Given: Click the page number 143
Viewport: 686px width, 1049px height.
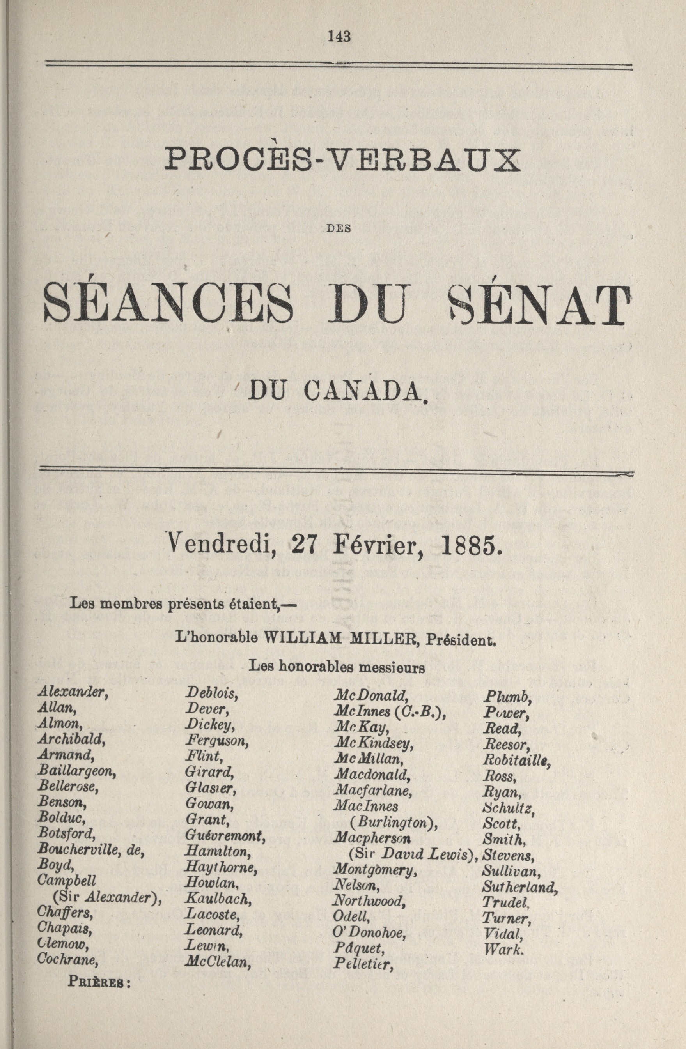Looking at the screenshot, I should pos(339,36).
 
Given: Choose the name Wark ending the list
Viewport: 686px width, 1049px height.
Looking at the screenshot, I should pos(503,948).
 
